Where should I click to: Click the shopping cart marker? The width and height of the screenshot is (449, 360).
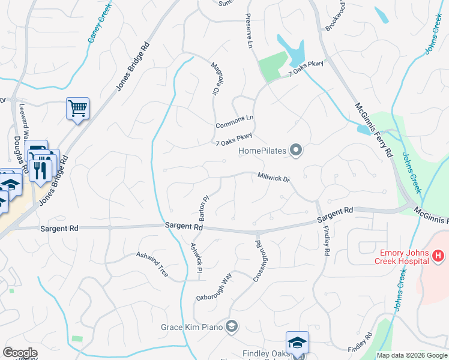pos(77,109)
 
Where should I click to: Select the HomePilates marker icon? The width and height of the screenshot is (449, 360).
pos(295,150)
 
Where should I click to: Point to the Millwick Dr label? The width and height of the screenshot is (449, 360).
pos(274,178)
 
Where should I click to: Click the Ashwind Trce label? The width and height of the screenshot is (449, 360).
pos(152,263)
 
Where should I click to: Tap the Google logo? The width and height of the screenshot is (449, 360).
pos(20,353)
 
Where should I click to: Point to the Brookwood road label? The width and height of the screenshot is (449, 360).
pos(335,16)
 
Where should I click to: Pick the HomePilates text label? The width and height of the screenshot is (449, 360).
pos(262,151)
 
